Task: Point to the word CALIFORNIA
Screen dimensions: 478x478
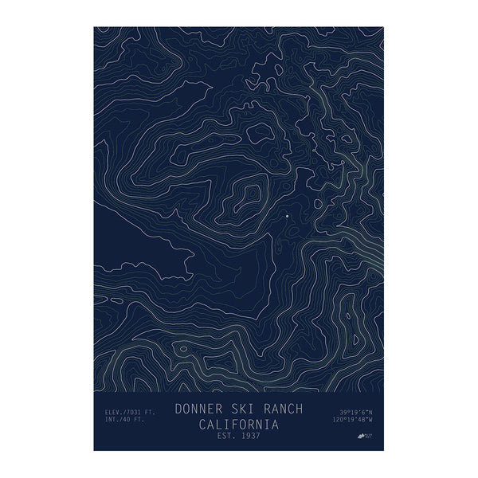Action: (x=238, y=423)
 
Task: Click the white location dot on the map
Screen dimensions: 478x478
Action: (x=286, y=215)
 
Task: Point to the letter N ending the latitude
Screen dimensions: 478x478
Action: (x=370, y=412)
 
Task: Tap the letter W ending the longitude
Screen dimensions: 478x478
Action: (x=370, y=420)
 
